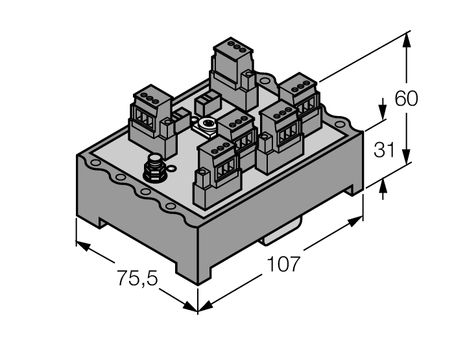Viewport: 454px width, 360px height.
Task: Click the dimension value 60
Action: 407,99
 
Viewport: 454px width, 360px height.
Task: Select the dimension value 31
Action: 385,150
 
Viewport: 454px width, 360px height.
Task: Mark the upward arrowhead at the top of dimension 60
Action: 407,38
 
